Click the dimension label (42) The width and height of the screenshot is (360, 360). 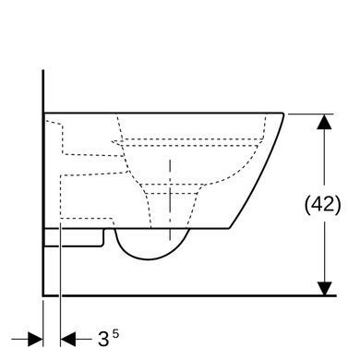tap(323, 205)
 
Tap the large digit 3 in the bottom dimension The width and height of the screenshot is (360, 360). tap(103, 339)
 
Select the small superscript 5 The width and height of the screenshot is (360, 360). tap(115, 334)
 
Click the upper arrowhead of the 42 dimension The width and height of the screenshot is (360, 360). tap(324, 122)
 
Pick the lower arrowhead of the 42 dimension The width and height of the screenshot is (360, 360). tap(324, 288)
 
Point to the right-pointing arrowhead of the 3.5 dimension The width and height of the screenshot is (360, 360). tap(35, 339)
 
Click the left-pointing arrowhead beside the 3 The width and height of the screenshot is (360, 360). tap(68, 339)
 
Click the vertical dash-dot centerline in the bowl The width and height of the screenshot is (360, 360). tap(170, 199)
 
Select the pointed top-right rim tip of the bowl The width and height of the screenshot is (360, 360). tap(283, 114)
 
